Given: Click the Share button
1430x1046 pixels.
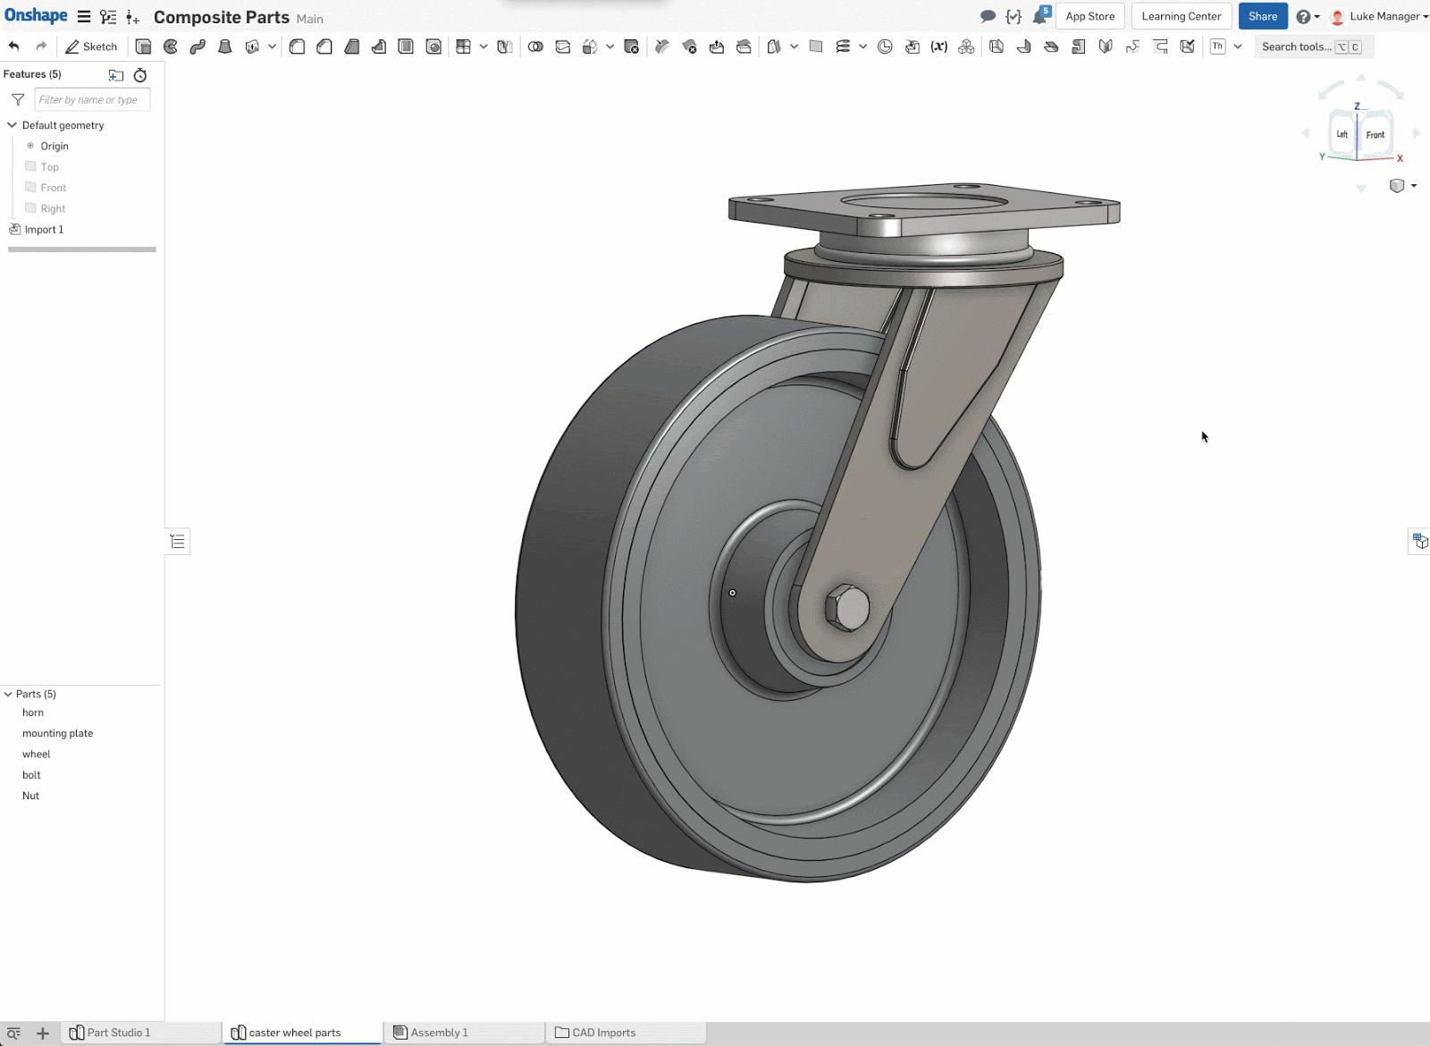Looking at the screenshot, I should (x=1262, y=16).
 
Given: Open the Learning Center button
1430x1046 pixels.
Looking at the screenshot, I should (x=1181, y=16).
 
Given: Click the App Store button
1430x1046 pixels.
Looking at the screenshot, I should (x=1089, y=16).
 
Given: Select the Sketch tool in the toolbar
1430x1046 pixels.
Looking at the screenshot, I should (x=91, y=46).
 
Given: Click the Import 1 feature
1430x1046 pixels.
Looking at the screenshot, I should (x=44, y=230).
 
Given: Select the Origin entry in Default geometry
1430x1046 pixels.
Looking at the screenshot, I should (x=54, y=146).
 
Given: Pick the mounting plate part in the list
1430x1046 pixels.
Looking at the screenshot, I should (x=57, y=733).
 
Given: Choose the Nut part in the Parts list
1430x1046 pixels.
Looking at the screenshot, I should (x=30, y=796).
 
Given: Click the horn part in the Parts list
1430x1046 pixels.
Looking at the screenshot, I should (x=33, y=713).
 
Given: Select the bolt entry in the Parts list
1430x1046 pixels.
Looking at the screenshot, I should (x=31, y=775).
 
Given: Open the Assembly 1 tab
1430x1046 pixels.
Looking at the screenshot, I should (x=439, y=1033).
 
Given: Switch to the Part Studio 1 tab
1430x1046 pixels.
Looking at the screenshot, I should (x=118, y=1033).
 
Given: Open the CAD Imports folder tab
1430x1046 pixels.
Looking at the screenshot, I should (x=603, y=1033).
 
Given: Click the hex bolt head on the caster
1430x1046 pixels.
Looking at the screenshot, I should (x=847, y=609).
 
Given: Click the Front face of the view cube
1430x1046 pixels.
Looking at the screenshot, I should (x=1375, y=135).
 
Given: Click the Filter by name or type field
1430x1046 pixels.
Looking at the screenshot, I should (x=91, y=99).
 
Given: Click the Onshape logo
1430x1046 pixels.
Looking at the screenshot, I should (x=36, y=16).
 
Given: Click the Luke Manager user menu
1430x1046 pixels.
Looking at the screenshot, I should (x=1384, y=16).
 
